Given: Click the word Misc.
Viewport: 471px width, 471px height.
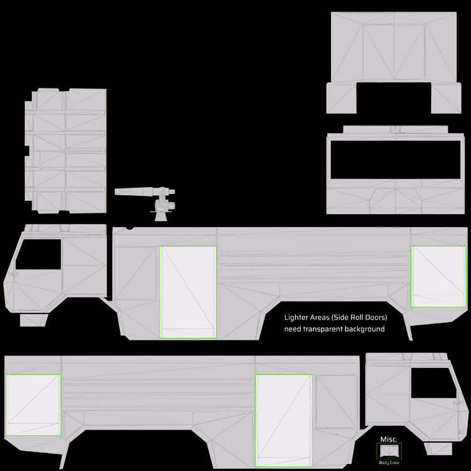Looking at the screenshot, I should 388,439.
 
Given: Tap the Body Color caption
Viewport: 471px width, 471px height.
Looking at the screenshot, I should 389,463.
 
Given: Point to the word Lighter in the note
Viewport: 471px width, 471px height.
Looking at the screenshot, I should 296,317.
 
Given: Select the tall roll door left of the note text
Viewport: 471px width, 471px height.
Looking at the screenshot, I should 188,292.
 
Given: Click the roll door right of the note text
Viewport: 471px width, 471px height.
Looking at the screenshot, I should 439,276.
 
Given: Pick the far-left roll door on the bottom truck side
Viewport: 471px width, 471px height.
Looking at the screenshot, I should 33,406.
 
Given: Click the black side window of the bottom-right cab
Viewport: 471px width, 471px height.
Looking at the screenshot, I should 431,382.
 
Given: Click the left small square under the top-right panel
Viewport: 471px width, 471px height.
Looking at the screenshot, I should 342,98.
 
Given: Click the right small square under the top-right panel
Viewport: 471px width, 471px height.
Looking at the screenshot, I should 446,98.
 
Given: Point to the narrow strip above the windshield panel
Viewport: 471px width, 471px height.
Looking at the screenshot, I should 396,129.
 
